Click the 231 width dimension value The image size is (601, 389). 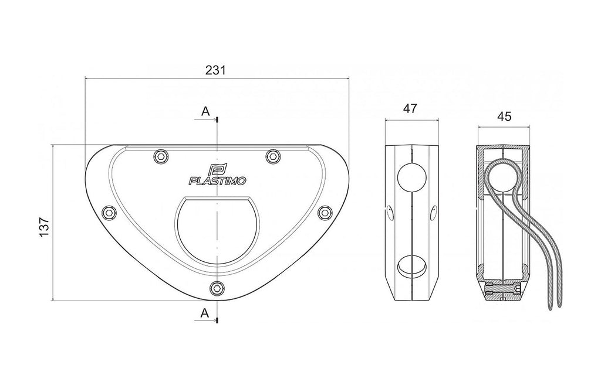click(x=216, y=70)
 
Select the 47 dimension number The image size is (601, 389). click(x=410, y=108)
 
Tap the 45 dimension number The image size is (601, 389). click(x=504, y=116)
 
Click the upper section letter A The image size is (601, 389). click(x=206, y=111)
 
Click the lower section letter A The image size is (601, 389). click(x=205, y=313)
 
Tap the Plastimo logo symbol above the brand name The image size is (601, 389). click(x=217, y=169)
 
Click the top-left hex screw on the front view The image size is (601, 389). click(x=161, y=156)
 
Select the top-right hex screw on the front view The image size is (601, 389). click(x=273, y=156)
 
